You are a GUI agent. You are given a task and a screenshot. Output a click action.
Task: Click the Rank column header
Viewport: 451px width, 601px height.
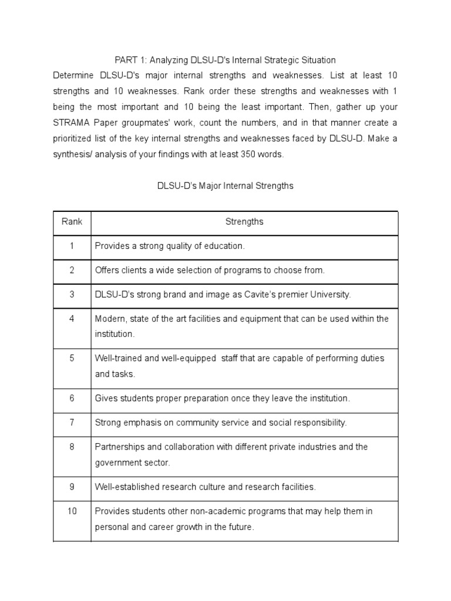click(72, 222)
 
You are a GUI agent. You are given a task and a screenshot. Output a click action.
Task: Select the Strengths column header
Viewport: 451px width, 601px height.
click(244, 222)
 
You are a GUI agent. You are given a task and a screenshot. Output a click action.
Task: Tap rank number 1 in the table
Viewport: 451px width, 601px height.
click(72, 246)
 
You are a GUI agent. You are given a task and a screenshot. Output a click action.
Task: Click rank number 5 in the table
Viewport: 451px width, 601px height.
click(72, 357)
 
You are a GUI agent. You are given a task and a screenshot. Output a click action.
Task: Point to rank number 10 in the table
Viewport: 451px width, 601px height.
click(72, 511)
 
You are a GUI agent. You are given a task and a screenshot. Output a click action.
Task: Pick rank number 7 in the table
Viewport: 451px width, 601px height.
click(72, 422)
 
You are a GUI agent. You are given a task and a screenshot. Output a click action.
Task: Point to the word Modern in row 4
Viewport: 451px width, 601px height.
click(109, 319)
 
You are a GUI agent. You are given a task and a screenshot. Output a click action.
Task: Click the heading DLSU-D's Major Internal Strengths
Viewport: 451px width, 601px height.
click(225, 185)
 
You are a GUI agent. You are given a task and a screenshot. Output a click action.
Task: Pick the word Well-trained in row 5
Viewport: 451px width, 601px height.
click(117, 357)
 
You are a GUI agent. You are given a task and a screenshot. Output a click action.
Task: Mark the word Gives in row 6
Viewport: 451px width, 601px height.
click(106, 398)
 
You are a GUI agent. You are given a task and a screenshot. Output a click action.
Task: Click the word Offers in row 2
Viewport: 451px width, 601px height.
click(107, 270)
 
